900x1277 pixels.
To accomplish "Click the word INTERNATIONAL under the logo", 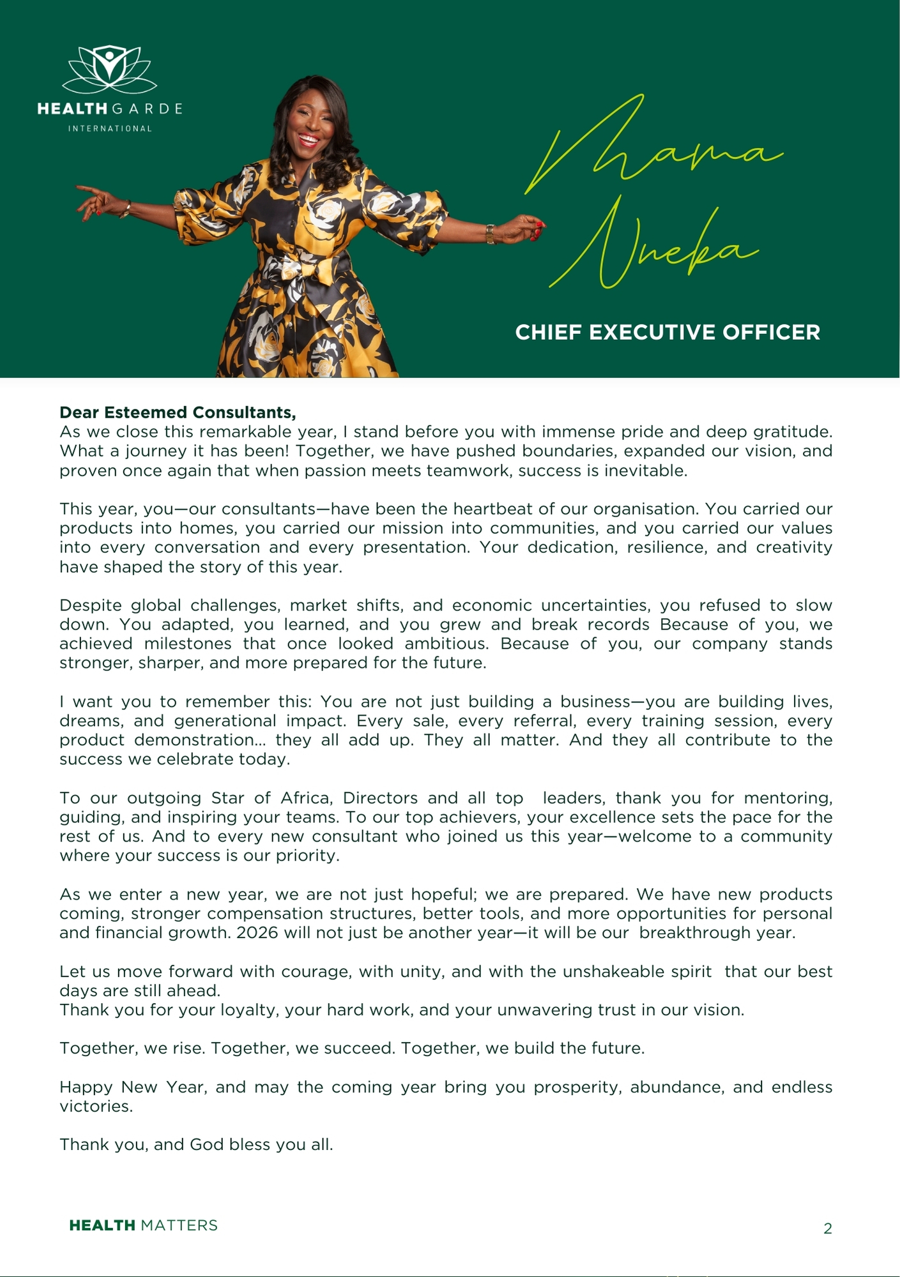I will click(110, 128).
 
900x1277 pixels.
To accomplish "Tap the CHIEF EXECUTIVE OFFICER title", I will click(667, 333).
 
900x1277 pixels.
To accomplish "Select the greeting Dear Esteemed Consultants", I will click(178, 412).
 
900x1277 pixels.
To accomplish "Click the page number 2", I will click(828, 1228).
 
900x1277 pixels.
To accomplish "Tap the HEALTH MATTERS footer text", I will click(143, 1225).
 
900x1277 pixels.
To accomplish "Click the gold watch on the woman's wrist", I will click(490, 234).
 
